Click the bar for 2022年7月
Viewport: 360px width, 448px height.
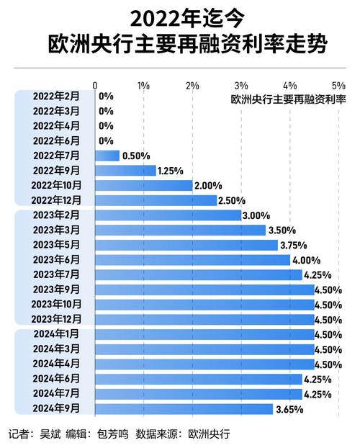click(107, 155)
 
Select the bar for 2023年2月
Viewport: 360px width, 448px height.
click(168, 215)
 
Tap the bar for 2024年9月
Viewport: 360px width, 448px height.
click(184, 409)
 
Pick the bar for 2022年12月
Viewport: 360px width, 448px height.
click(156, 200)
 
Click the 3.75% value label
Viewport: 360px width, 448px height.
click(294, 245)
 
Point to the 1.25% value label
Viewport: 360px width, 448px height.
click(171, 170)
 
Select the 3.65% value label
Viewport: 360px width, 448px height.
click(289, 409)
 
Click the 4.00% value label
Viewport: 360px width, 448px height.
click(307, 260)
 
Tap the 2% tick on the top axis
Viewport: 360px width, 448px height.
click(192, 85)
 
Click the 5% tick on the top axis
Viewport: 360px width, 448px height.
click(338, 85)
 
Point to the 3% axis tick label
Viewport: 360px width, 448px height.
click(241, 85)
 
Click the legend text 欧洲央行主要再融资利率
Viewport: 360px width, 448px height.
click(289, 98)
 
